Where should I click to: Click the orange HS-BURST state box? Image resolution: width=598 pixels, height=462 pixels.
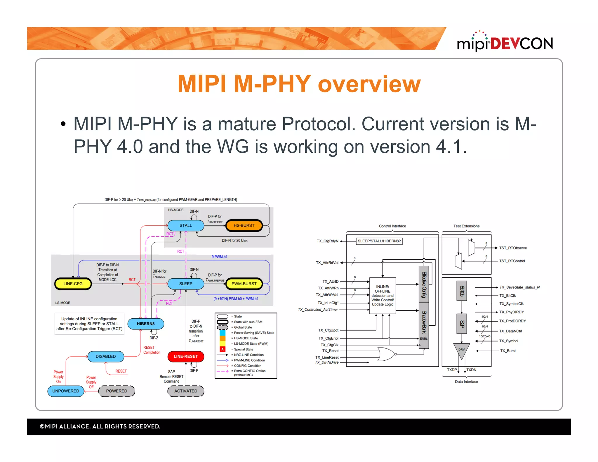coord(244,225)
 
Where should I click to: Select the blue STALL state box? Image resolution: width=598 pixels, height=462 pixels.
coord(186,225)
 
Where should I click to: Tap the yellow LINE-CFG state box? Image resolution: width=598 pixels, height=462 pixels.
coord(73,284)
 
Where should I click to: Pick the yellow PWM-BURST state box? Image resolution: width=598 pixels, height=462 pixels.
coord(244,284)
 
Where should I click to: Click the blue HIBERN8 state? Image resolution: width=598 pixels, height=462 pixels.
coord(146,324)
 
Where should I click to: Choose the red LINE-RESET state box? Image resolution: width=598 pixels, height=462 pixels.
coord(186,356)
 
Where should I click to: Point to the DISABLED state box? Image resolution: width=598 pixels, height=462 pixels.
coord(106,356)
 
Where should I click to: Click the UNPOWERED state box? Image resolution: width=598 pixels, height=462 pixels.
coord(66,391)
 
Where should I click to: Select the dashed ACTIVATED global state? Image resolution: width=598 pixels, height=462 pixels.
coord(186,391)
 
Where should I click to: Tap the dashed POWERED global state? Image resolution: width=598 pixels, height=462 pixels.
coord(117,391)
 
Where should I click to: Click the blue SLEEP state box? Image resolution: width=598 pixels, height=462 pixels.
coord(186,284)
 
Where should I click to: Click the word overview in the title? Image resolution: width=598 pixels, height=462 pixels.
coord(369,84)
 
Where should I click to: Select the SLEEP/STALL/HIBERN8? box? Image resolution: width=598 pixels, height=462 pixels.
coord(379,241)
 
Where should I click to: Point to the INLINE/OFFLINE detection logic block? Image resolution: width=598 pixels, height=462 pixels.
coord(383,296)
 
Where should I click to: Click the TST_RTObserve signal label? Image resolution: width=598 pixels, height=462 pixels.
coord(513,248)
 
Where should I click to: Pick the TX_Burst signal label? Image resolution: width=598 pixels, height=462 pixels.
coord(508,351)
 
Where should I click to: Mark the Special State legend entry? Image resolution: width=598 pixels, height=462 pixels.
coord(244,349)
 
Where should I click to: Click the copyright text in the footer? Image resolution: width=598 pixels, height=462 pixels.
coord(100,426)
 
